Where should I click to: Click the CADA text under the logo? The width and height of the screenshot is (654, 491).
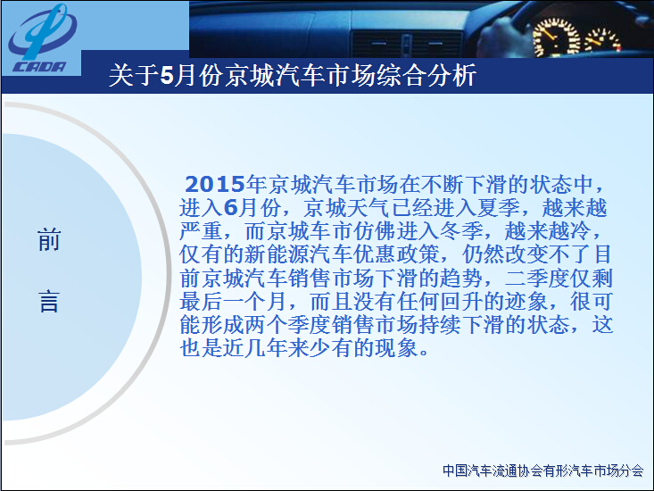pos(39,67)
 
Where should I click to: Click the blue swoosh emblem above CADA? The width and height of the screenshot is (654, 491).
pos(43,31)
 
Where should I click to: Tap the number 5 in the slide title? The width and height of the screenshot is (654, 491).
pos(167,76)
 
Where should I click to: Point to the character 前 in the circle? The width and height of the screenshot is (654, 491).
pos(49,240)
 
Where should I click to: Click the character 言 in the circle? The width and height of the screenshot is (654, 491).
pos(49,302)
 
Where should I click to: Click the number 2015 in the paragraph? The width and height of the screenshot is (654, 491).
pos(214,184)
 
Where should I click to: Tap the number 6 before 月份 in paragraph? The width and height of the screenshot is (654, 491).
pos(231,207)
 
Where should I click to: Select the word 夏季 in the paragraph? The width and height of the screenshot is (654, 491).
pos(499,207)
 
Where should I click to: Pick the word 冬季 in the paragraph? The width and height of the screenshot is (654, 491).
pos(461,230)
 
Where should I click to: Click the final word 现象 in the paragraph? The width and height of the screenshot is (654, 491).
pos(397,348)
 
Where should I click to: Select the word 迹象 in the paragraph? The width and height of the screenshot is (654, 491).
pos(526,301)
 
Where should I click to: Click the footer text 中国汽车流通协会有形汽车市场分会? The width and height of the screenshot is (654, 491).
pos(542,470)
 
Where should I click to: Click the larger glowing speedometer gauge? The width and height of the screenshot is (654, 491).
pos(557,37)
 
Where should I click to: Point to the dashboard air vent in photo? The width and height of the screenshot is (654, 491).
pos(407,44)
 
